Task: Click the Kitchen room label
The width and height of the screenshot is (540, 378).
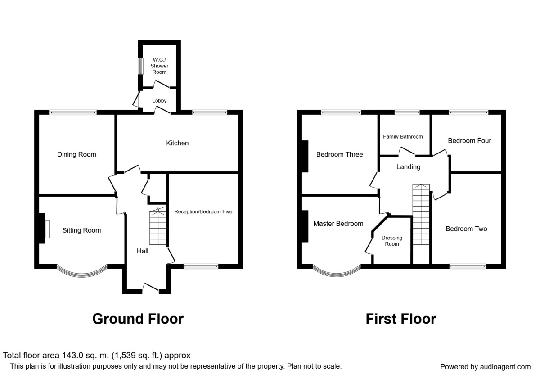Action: (x=177, y=143)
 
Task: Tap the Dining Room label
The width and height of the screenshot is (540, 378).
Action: (x=76, y=154)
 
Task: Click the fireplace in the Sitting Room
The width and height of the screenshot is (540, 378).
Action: (x=45, y=228)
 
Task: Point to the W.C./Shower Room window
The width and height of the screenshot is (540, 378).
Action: (x=140, y=66)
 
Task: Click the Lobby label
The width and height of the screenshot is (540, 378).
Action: (x=159, y=101)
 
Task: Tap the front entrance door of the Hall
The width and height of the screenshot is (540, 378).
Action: (x=150, y=289)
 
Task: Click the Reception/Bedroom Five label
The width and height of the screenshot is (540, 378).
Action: (x=203, y=211)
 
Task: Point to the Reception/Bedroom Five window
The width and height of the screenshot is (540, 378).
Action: (x=201, y=266)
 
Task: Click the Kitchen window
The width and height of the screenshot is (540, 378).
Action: (x=210, y=112)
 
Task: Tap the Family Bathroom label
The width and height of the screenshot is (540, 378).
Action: (x=403, y=137)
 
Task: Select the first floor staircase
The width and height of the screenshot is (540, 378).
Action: (x=421, y=215)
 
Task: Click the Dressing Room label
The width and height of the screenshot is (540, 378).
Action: (x=392, y=241)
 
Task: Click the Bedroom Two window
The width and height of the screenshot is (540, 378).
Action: (x=468, y=266)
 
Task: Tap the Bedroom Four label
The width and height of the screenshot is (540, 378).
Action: (x=469, y=141)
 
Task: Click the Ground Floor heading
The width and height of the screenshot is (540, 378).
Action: (x=138, y=319)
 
